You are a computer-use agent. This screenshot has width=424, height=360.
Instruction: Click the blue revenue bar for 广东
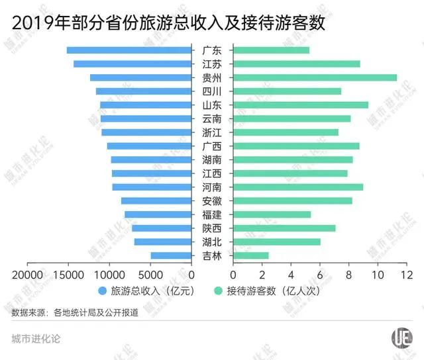(129, 50)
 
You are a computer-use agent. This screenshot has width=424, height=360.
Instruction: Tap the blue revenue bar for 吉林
(171, 255)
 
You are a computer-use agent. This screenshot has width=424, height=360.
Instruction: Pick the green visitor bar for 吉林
(251, 255)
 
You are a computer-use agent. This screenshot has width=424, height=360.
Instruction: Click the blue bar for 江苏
(132, 64)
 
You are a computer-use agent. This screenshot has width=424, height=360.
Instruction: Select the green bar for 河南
(298, 187)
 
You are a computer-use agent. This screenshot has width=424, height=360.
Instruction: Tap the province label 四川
(212, 91)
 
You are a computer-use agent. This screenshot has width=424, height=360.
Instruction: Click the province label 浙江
(212, 132)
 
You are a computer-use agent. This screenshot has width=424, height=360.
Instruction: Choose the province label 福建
(212, 214)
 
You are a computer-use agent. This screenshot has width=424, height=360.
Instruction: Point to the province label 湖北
(212, 242)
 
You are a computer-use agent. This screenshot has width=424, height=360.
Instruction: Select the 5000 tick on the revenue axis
(151, 274)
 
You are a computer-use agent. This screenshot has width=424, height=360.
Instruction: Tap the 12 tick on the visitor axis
(407, 274)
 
